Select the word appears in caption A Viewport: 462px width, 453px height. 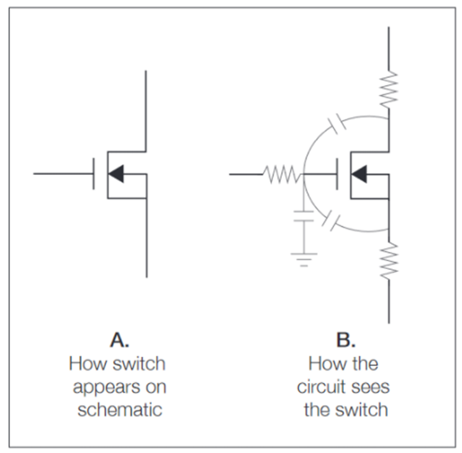[99, 387]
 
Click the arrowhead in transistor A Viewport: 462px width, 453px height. [116, 174]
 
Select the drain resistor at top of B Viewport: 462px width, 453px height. [389, 88]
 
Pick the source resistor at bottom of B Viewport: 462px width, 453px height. [389, 261]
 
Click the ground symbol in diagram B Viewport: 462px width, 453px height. [304, 258]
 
